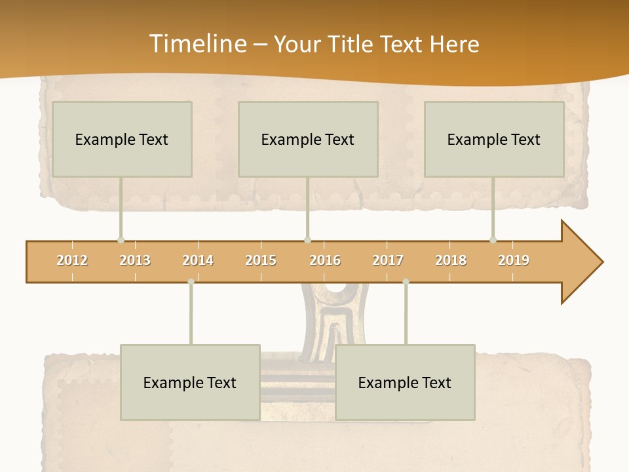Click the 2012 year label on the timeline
[72, 260]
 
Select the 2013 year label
[135, 260]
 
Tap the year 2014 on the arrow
[198, 260]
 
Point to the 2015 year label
[261, 260]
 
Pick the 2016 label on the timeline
[325, 260]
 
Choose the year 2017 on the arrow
[388, 260]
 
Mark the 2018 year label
[451, 260]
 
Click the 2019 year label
[514, 260]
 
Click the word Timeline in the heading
[197, 44]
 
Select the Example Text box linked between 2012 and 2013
[122, 139]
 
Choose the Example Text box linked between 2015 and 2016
[308, 139]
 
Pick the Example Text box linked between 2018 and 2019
[494, 139]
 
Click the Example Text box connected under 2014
[190, 382]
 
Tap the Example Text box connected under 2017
[405, 382]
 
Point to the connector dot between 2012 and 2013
[121, 240]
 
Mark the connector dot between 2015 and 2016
[307, 240]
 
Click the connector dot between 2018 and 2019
[493, 240]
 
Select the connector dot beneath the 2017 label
[406, 282]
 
